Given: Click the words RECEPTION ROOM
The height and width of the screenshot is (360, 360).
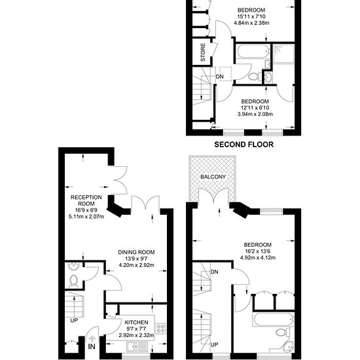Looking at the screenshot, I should click(86, 201).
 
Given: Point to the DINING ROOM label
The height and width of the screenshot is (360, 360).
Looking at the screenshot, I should click(136, 253).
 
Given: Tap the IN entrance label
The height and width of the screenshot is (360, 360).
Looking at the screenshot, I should click(91, 346).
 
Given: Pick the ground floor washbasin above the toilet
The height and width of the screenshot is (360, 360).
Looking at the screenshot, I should click(74, 267).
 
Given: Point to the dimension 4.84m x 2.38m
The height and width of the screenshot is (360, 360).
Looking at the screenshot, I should click(252, 23).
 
